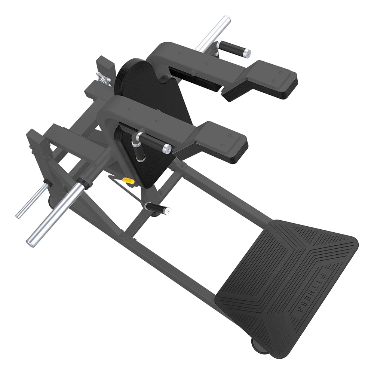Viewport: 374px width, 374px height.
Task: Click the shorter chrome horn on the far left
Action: [x=32, y=200]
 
